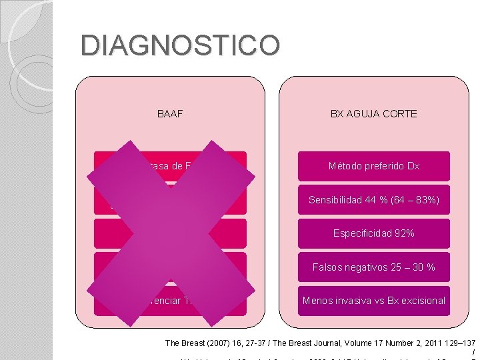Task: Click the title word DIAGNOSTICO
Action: pyautogui.click(x=180, y=46)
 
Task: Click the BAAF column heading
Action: pyautogui.click(x=170, y=114)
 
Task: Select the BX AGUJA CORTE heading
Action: pyautogui.click(x=373, y=114)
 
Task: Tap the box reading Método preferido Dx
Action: pyautogui.click(x=373, y=166)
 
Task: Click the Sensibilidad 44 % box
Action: pyautogui.click(x=373, y=200)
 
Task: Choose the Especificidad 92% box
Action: pyautogui.click(x=373, y=233)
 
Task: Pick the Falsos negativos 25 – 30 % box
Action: pyautogui.click(x=373, y=267)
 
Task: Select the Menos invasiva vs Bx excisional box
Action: pyautogui.click(x=373, y=301)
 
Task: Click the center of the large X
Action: pyautogui.click(x=171, y=233)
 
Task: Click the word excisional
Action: pyautogui.click(x=423, y=301)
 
